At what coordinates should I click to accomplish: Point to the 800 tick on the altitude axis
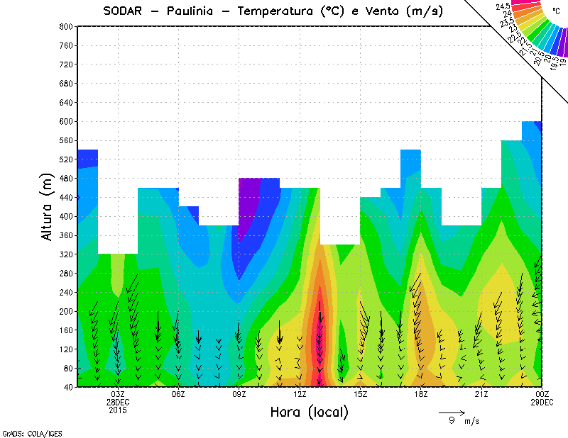(x=66, y=26)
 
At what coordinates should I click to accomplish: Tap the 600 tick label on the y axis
(x=66, y=121)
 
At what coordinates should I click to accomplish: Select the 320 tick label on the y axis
(x=66, y=254)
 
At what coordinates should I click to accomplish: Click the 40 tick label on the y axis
(x=68, y=387)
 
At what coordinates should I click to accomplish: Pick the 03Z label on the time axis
(x=119, y=394)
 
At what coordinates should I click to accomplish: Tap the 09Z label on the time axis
(x=240, y=394)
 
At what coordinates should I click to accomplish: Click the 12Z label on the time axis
(x=300, y=394)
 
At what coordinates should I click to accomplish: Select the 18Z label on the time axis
(x=421, y=394)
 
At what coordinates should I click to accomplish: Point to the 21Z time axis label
(x=482, y=394)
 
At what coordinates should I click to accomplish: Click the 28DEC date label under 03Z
(x=119, y=402)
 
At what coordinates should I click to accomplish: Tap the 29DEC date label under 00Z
(x=542, y=402)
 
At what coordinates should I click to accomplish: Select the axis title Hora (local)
(x=309, y=412)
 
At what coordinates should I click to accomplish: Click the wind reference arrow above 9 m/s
(x=452, y=412)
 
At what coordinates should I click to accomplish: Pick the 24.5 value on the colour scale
(x=503, y=6)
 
